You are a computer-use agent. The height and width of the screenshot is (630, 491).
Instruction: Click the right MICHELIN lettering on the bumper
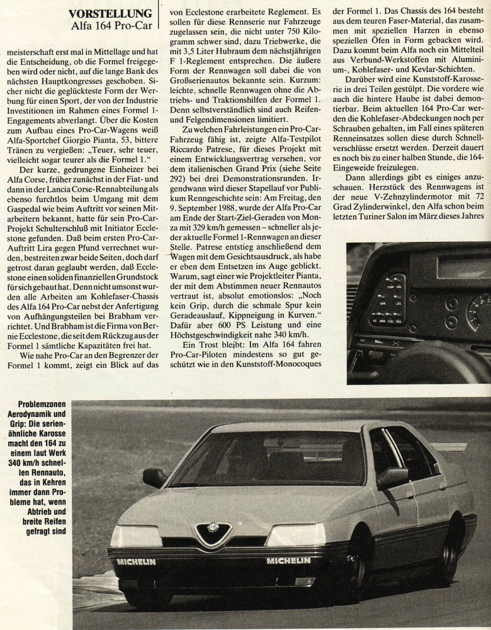pyautogui.click(x=288, y=560)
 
